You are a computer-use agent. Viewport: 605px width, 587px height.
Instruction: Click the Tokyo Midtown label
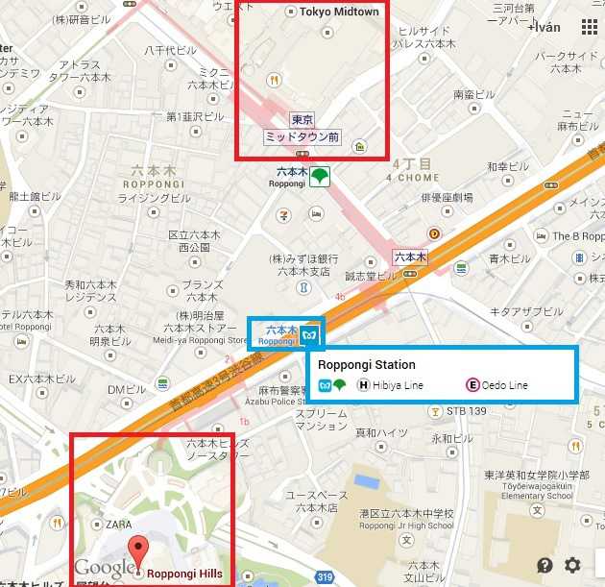point(339,12)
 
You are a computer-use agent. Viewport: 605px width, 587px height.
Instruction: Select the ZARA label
point(118,526)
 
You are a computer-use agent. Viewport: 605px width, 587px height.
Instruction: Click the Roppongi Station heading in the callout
point(366,365)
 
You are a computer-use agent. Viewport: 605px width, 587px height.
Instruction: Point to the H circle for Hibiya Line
point(364,385)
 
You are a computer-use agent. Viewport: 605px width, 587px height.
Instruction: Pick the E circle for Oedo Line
point(472,385)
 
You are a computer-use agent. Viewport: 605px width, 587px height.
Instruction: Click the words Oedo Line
point(505,385)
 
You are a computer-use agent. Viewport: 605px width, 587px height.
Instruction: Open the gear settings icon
point(573,566)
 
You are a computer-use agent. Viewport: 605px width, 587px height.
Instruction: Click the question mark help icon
point(545,566)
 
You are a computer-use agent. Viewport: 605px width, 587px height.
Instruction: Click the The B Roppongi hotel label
point(577,235)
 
